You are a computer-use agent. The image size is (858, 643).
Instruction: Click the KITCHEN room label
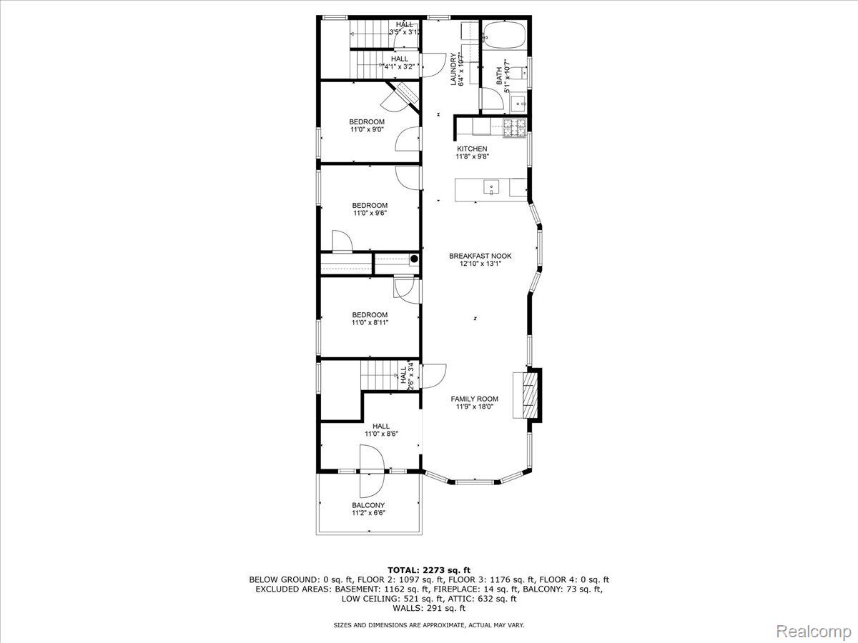(x=472, y=149)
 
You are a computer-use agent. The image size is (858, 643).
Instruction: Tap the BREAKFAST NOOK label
(x=480, y=256)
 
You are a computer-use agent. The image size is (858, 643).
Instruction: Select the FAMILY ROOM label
(x=475, y=399)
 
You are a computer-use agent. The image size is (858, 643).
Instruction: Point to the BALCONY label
(x=368, y=505)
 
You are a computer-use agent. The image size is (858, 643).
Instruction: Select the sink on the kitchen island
(x=492, y=187)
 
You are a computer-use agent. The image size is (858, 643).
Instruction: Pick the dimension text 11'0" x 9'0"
(x=368, y=130)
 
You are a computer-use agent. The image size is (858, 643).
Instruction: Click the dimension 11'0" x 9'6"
(x=370, y=213)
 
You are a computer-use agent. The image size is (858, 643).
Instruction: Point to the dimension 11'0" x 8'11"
(x=370, y=323)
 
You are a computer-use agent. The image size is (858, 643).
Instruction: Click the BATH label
(x=499, y=76)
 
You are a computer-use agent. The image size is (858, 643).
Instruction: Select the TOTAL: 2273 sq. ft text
(x=429, y=569)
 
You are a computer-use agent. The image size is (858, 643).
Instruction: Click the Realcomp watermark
(x=813, y=631)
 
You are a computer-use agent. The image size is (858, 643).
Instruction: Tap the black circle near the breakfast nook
(x=413, y=259)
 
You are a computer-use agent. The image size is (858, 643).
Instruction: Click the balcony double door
(x=372, y=471)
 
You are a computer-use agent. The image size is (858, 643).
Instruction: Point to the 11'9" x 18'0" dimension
(x=475, y=407)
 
